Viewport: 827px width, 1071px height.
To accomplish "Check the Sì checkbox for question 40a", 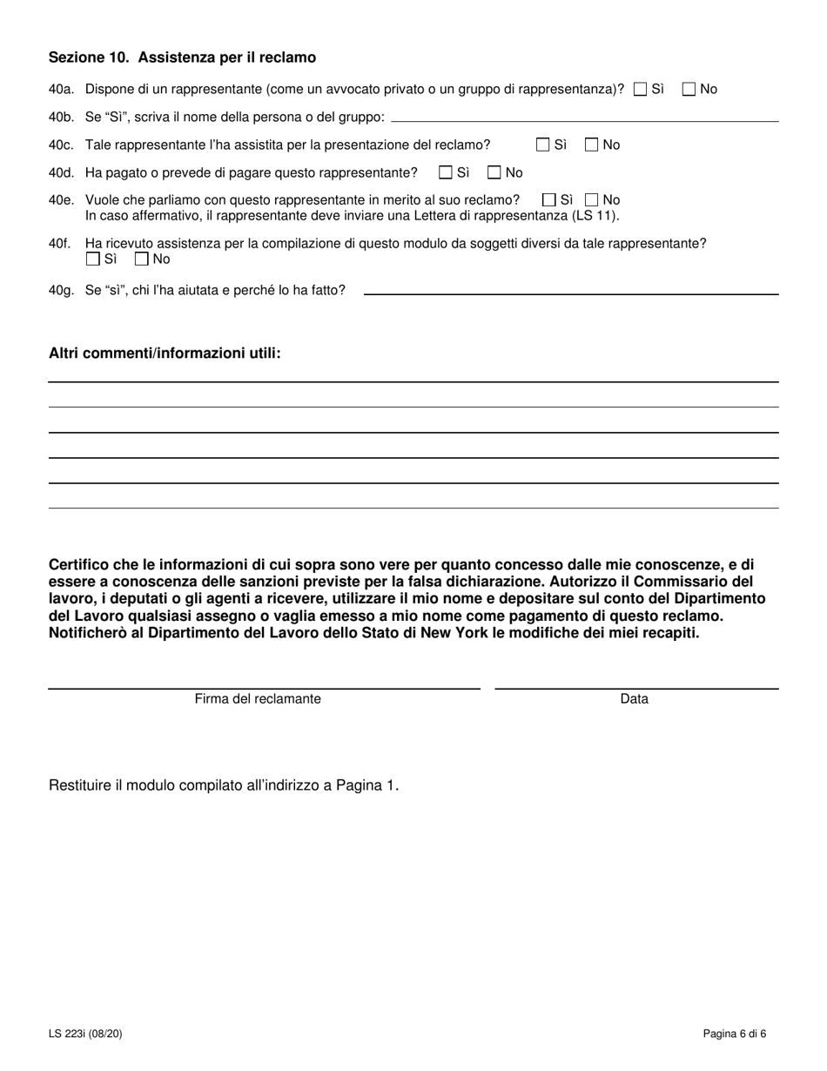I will click(x=641, y=89).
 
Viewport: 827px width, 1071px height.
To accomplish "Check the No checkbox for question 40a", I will click(x=689, y=89).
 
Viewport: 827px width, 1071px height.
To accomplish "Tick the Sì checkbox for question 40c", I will click(x=543, y=145).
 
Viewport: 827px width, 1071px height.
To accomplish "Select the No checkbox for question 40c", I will click(x=592, y=145).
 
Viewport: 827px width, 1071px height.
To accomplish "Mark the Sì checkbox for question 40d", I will click(x=446, y=172).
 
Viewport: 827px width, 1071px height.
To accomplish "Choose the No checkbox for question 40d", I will click(x=494, y=172).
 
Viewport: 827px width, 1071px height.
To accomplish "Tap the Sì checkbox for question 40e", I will click(x=549, y=200).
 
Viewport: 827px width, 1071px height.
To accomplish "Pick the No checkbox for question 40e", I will click(x=592, y=200).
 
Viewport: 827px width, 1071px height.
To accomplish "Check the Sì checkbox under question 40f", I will click(x=93, y=259).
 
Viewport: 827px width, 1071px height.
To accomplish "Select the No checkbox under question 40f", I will click(x=142, y=259).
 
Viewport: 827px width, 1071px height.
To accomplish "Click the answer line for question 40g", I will click(x=570, y=292).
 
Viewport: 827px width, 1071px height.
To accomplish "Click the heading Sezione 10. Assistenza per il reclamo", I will click(x=182, y=57).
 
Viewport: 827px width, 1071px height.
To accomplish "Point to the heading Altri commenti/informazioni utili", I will click(x=165, y=354).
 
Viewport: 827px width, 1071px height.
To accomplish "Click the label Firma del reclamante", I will click(x=258, y=699).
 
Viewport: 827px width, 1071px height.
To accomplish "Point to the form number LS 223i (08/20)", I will click(x=91, y=1034).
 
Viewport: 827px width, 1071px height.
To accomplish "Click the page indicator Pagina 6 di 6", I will click(x=735, y=1034).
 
